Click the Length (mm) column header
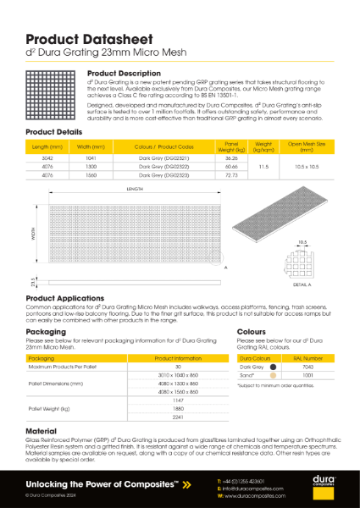click(47, 146)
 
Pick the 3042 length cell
click(47, 159)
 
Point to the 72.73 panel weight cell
click(231, 176)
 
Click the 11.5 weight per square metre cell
click(263, 168)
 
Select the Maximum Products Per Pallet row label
click(55, 367)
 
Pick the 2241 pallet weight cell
click(177, 417)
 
